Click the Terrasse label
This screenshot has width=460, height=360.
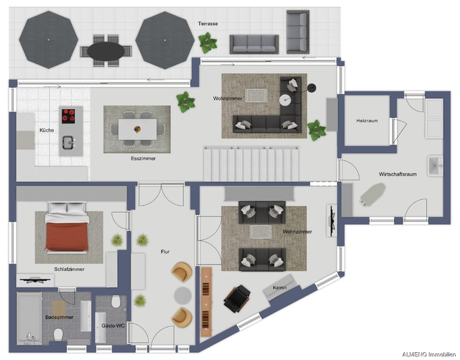click(x=208, y=24)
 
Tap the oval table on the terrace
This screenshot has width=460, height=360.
click(x=106, y=51)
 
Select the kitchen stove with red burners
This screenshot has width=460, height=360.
click(x=68, y=116)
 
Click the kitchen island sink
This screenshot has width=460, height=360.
click(x=69, y=142)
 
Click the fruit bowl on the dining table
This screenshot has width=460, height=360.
click(x=137, y=129)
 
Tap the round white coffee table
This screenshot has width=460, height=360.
click(x=285, y=100)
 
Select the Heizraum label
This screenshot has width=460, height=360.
click(x=367, y=121)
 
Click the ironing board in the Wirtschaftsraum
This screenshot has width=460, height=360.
click(x=372, y=193)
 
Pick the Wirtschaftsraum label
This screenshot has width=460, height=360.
click(x=397, y=175)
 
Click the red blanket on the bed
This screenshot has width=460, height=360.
click(x=67, y=236)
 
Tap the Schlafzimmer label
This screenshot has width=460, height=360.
click(x=69, y=269)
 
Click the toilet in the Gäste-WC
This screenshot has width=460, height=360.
click(x=116, y=301)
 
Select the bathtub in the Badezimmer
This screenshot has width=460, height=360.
click(x=29, y=318)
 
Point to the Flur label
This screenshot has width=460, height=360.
click(x=165, y=251)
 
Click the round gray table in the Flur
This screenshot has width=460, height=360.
click(x=183, y=295)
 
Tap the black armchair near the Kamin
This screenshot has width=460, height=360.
click(x=237, y=298)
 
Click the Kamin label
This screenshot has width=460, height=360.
click(x=280, y=288)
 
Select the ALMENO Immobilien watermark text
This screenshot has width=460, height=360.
click(x=428, y=355)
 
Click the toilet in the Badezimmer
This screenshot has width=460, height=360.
click(x=58, y=335)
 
